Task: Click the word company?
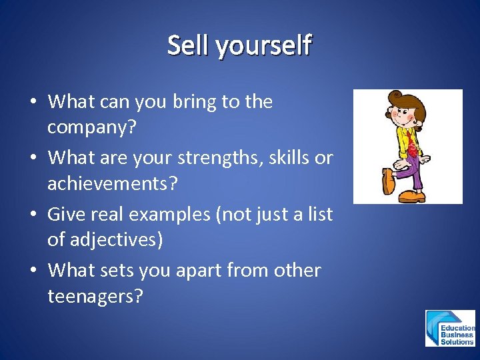click(91, 127)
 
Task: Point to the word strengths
click(231, 159)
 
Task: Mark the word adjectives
click(115, 240)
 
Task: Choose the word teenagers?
click(95, 297)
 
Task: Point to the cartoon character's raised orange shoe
click(388, 181)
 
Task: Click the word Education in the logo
click(458, 328)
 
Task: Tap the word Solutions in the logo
click(457, 342)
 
